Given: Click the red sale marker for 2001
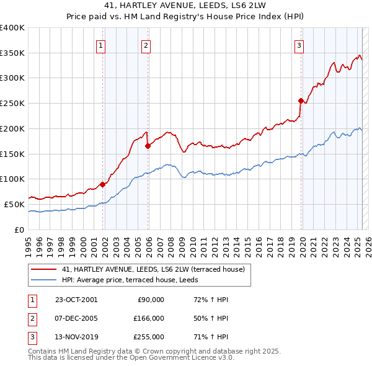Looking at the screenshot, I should [102, 184].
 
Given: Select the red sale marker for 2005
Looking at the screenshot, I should [148, 146].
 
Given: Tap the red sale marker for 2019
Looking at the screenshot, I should [301, 100].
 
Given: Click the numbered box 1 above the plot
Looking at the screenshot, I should [100, 45].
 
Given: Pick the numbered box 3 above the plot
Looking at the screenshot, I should [299, 45].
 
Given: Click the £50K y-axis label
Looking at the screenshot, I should [14, 204].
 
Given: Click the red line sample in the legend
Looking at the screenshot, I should [45, 269].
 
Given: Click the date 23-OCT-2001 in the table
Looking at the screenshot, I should [76, 300].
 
